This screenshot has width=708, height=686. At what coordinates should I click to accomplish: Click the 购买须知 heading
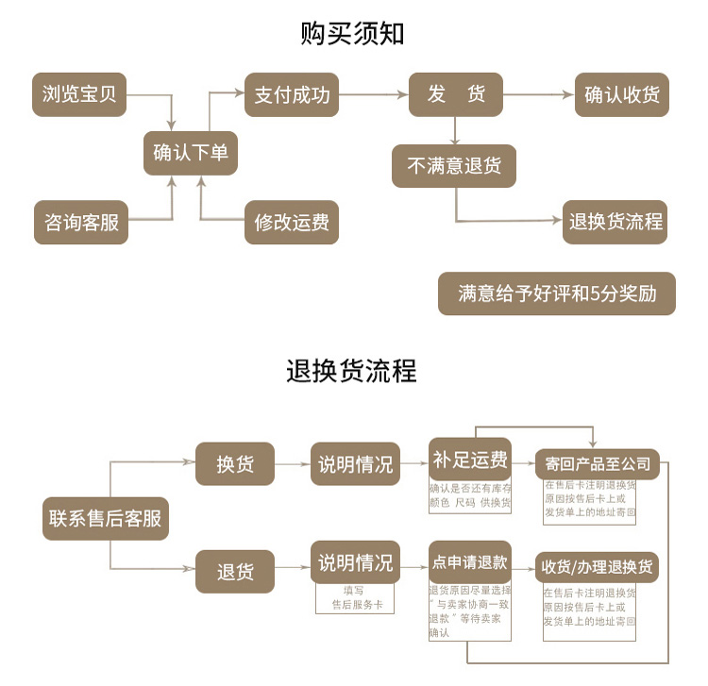(x=353, y=34)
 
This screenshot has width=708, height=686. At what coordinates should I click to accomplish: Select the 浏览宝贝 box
(x=80, y=94)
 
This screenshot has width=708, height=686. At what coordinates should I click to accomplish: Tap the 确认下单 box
(x=190, y=153)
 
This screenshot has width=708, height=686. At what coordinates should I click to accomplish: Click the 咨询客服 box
(x=81, y=223)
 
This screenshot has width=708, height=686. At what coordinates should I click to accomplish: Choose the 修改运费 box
(x=292, y=223)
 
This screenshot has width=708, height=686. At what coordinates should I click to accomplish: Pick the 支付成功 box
(x=292, y=94)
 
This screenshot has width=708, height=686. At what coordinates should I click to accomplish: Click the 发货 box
(x=456, y=94)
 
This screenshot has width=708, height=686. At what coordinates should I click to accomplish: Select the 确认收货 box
(x=622, y=94)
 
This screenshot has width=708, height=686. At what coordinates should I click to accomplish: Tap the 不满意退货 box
(x=455, y=166)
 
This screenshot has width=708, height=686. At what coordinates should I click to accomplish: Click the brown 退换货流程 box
(x=615, y=223)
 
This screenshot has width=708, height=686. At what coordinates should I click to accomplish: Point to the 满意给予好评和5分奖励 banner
(x=557, y=293)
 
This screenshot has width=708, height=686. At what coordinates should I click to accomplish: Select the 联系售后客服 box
(x=106, y=518)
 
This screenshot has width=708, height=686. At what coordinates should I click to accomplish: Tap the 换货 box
(x=235, y=464)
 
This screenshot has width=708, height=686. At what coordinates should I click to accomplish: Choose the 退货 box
(x=235, y=571)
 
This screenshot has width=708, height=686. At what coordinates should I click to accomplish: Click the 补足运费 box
(x=470, y=460)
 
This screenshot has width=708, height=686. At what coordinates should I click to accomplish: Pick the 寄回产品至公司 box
(x=598, y=463)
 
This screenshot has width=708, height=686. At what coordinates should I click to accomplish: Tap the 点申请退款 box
(x=470, y=563)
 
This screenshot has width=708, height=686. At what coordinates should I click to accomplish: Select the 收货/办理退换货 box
(x=598, y=568)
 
